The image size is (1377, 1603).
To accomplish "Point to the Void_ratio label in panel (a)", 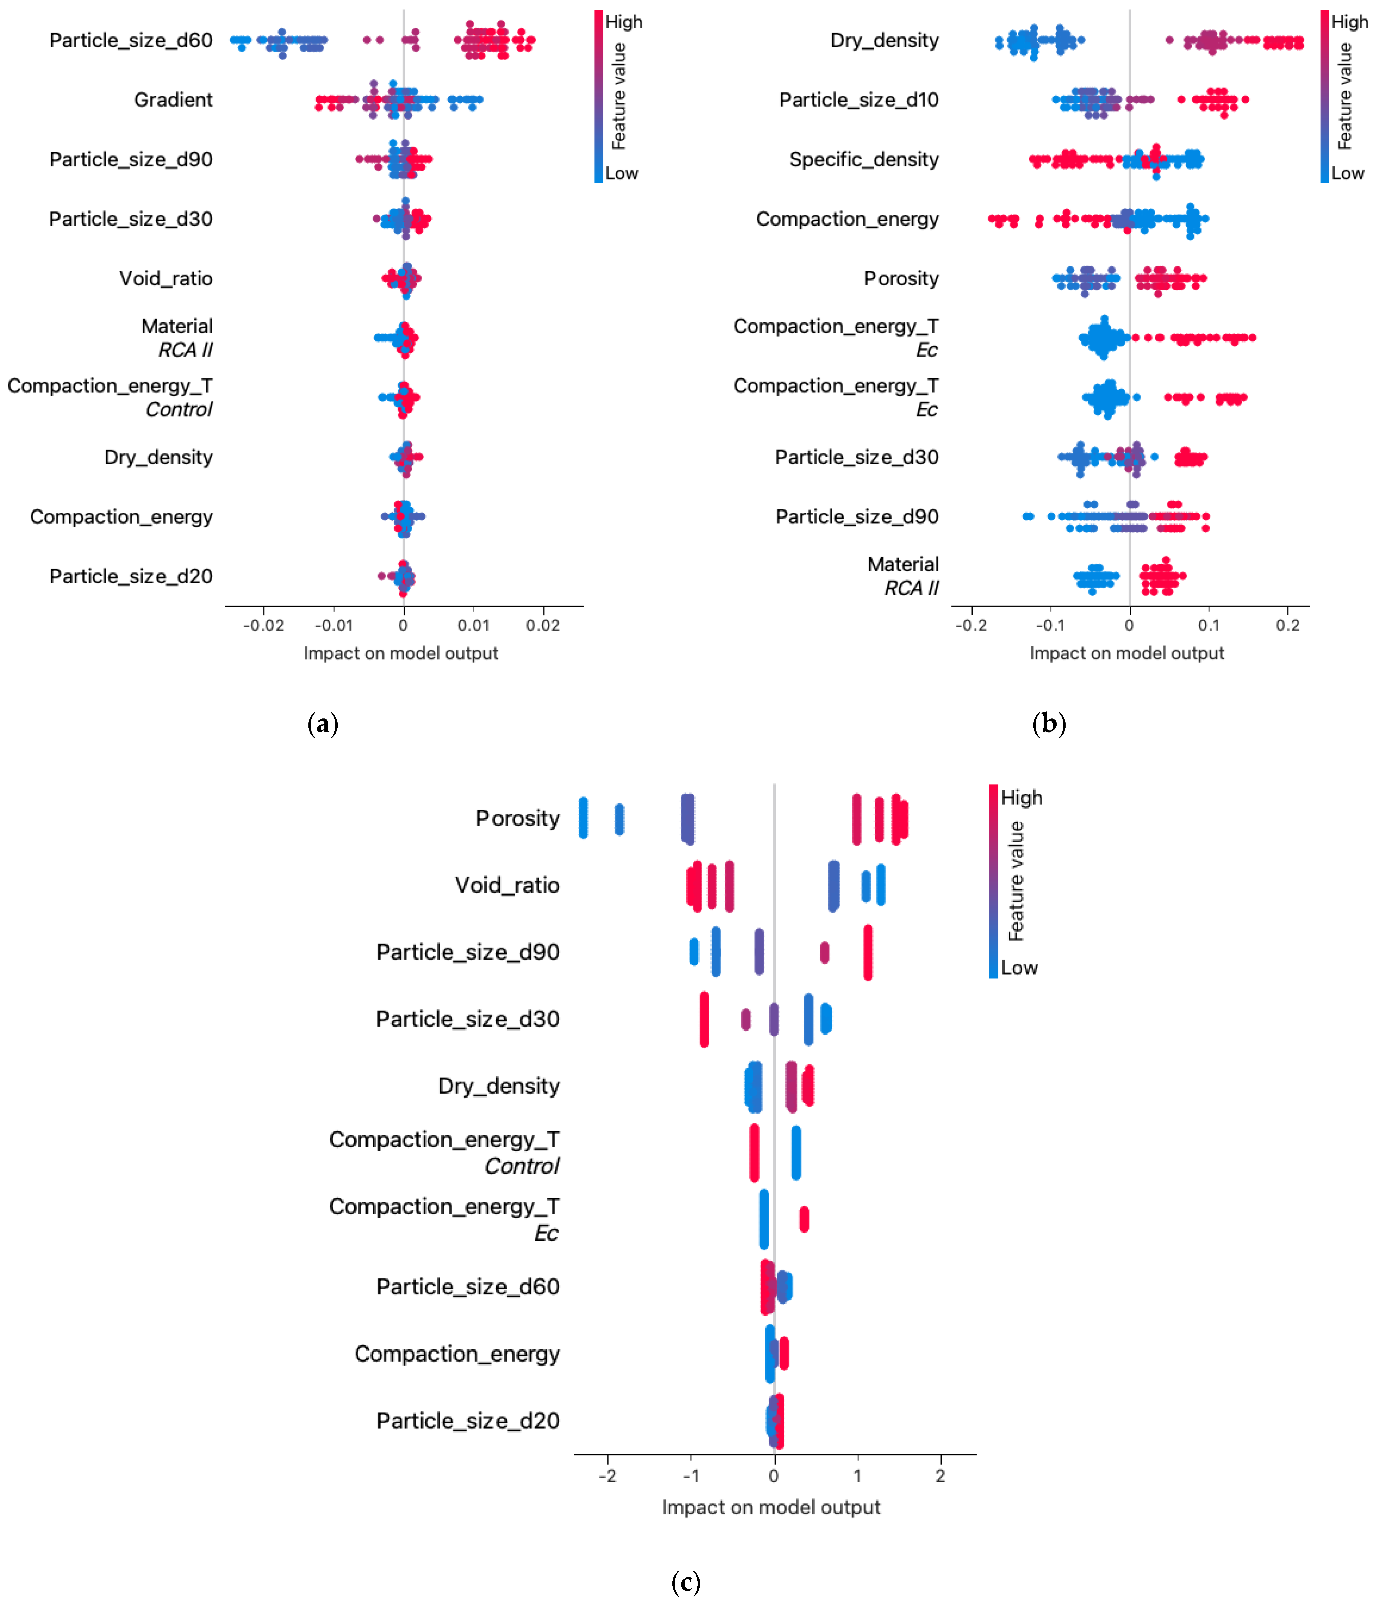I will pyautogui.click(x=166, y=279).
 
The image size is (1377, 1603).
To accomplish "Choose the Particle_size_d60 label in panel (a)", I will pyautogui.click(x=131, y=40).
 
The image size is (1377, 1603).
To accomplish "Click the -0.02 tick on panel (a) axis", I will pyautogui.click(x=263, y=625).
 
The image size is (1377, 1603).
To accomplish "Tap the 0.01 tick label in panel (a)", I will pyautogui.click(x=473, y=625).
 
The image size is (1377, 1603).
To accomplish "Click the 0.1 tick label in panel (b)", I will pyautogui.click(x=1209, y=625).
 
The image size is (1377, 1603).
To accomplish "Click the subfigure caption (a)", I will pyautogui.click(x=323, y=724).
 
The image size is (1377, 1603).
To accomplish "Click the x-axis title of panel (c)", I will pyautogui.click(x=771, y=1507).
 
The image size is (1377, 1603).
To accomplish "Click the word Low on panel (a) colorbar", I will pyautogui.click(x=621, y=173).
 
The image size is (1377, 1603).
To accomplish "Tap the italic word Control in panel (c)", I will pyautogui.click(x=522, y=1166).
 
